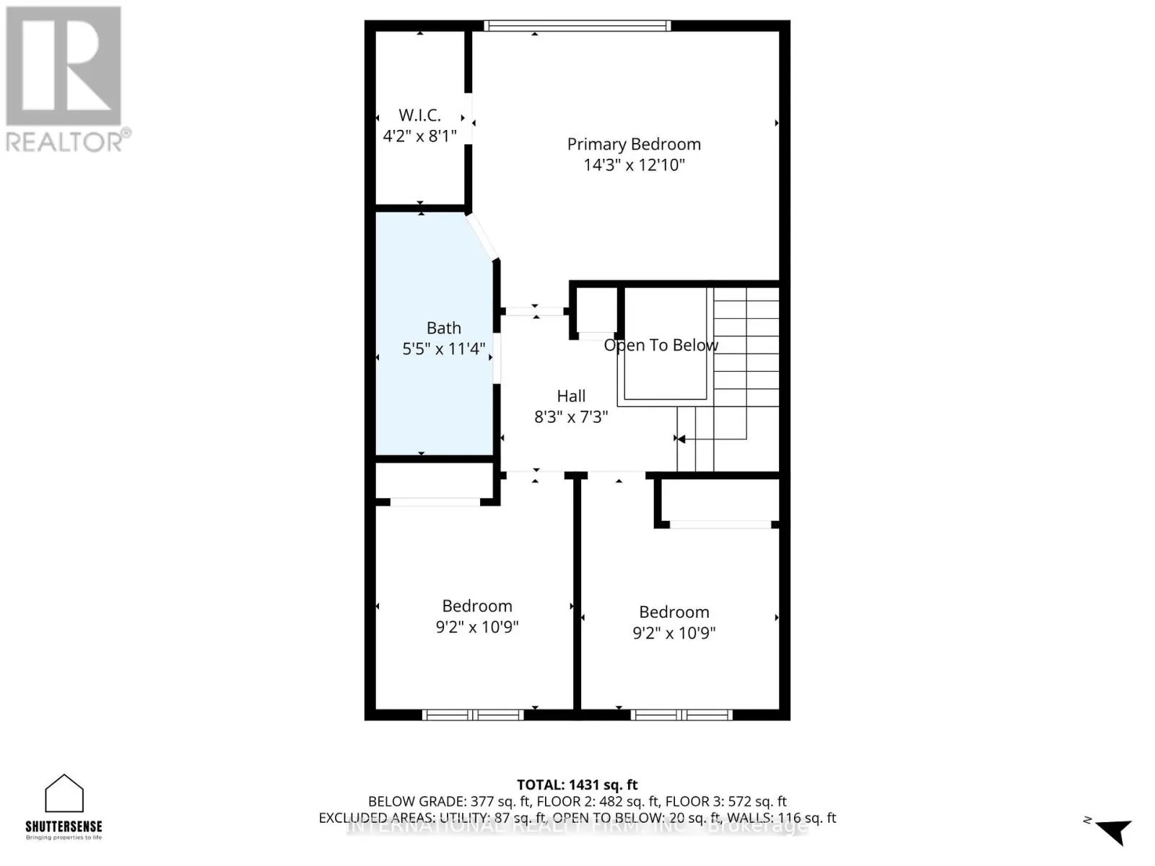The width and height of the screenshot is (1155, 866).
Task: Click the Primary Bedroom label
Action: [634, 144]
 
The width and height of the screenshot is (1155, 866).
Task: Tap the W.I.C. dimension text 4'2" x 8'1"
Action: [419, 136]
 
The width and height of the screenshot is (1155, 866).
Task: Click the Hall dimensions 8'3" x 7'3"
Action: [571, 416]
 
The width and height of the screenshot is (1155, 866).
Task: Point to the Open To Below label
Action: [661, 345]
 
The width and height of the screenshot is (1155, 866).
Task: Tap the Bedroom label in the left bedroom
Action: [477, 606]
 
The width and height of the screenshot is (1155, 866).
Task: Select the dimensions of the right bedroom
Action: [674, 633]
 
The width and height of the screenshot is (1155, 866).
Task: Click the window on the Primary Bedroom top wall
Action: [577, 26]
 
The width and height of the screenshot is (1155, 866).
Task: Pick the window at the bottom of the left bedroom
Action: [473, 715]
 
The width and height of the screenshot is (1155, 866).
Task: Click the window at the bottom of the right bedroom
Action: [681, 715]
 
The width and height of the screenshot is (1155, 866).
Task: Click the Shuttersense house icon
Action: [64, 794]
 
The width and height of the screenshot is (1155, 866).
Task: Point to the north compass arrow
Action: [1114, 831]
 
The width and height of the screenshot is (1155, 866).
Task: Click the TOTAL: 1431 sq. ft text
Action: [577, 784]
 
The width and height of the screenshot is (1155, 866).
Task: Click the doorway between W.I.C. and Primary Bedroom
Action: [468, 119]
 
